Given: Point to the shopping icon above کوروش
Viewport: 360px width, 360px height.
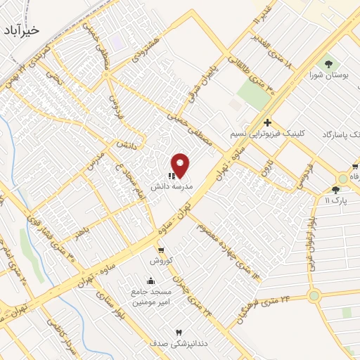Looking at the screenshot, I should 161,250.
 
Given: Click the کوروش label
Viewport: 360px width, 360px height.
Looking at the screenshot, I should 161,260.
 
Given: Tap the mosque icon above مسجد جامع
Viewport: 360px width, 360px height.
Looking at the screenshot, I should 150,281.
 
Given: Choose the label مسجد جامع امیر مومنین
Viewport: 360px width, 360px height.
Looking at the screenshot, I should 150,296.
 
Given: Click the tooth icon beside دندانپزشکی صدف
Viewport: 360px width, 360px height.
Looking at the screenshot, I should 178,332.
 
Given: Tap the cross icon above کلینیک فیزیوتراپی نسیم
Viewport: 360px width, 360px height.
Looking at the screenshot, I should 268,123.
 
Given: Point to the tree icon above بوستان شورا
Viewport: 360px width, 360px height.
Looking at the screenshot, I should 328,65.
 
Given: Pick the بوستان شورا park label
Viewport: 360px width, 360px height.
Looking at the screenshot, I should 328,75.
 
